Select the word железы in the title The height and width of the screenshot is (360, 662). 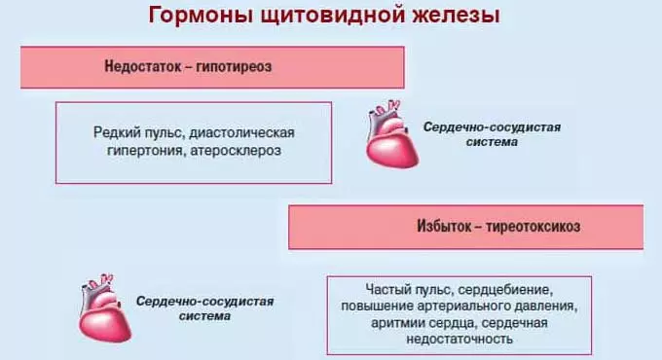[x=457, y=17]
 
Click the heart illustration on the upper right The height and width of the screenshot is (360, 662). [x=387, y=134]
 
